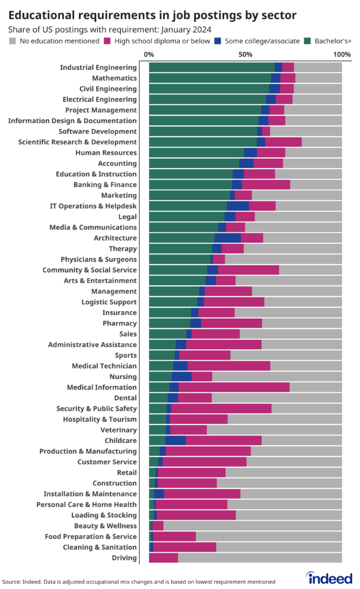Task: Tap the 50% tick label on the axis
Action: click(246, 55)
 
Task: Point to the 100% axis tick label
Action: click(342, 55)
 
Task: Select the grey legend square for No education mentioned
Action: click(13, 41)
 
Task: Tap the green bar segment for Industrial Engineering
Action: click(211, 67)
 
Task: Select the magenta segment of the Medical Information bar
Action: click(233, 387)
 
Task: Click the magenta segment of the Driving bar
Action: click(163, 558)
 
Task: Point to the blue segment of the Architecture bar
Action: click(227, 238)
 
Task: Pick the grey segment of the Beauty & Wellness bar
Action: click(252, 526)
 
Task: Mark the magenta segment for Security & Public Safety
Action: click(221, 408)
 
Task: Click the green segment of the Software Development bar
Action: click(202, 131)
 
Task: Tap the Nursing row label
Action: click(122, 377)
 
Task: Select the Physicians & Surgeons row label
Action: click(98, 259)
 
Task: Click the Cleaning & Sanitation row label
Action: click(99, 547)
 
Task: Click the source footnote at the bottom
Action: click(138, 582)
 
